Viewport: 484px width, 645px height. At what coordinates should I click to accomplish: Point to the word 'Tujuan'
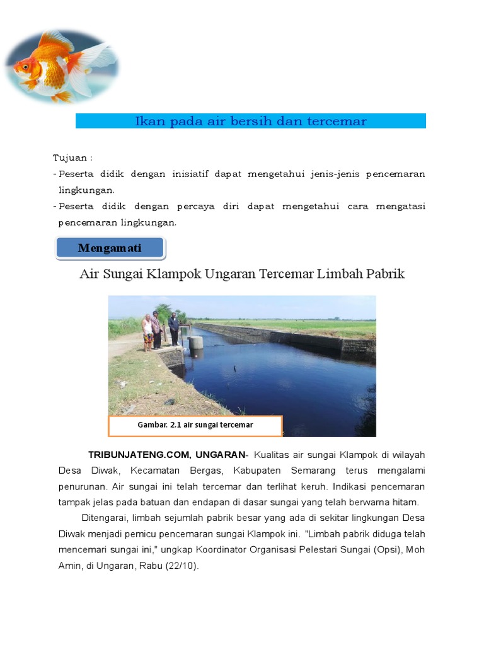(69, 157)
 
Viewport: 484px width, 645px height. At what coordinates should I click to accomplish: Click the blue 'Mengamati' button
(110, 248)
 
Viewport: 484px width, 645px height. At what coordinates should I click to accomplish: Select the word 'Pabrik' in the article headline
(383, 275)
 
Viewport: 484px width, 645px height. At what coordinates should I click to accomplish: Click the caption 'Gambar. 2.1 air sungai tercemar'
(195, 425)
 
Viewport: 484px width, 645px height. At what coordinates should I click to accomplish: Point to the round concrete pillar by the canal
(196, 342)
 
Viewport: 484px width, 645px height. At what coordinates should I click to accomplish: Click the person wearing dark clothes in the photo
(173, 328)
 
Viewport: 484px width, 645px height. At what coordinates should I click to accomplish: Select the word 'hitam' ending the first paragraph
(405, 502)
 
